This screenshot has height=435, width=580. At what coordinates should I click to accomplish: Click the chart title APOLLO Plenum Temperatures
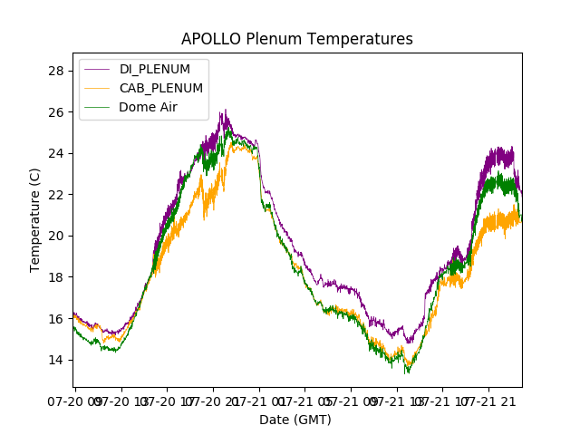point(296,39)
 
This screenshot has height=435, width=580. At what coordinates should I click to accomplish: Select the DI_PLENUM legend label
point(155,69)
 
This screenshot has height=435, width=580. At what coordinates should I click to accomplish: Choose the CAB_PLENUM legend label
point(161,88)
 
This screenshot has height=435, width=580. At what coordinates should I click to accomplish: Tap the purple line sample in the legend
point(97,69)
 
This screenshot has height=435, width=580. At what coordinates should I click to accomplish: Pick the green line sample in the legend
point(97,107)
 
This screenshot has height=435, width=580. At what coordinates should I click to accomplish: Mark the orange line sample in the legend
point(97,88)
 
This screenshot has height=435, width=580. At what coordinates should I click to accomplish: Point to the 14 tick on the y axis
point(57,360)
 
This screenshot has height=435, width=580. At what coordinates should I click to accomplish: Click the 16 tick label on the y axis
point(57,318)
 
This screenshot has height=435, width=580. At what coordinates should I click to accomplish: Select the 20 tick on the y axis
point(57,236)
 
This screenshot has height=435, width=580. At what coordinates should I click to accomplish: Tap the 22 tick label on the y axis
point(57,195)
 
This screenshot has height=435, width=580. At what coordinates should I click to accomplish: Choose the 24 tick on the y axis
point(57,153)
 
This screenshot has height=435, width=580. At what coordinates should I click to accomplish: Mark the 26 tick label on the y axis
point(57,112)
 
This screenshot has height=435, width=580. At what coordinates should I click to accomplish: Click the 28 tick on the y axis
point(57,71)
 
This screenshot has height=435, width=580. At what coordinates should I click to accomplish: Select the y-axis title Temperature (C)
point(35,219)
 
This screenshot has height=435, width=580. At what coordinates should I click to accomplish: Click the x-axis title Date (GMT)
point(295,420)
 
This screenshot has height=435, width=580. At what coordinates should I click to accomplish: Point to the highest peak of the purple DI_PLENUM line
point(224,111)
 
